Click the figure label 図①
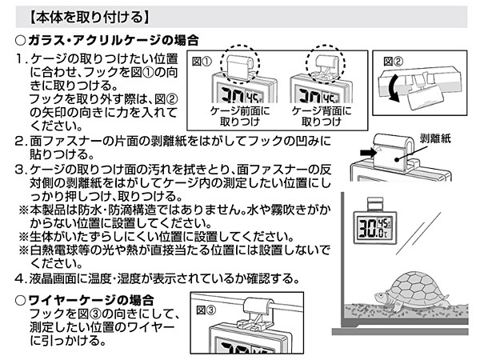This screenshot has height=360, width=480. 202,59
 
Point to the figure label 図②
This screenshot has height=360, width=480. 393,59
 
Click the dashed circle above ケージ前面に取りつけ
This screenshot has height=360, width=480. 239,65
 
